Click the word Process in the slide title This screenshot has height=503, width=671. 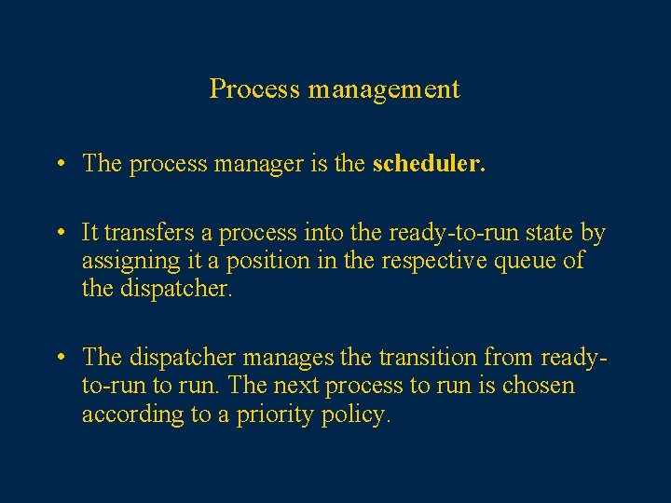click(254, 89)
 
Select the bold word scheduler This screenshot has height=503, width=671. click(429, 164)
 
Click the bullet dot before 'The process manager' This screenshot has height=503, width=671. click(59, 165)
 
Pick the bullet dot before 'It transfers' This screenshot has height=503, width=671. click(59, 233)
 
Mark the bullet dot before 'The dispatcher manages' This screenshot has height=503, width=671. click(59, 357)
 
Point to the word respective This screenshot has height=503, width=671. click(430, 261)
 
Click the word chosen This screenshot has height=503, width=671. click(539, 385)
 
